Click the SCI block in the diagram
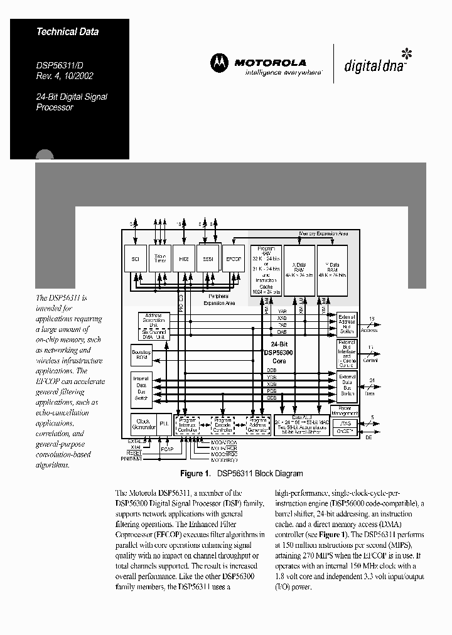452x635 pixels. (x=135, y=258)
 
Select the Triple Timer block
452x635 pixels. (x=160, y=258)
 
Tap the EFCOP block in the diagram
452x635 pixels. (x=232, y=258)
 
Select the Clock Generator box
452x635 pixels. (x=143, y=424)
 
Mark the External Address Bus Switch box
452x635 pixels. (x=347, y=323)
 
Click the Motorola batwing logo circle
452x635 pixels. (x=219, y=63)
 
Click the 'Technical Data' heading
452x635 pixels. (x=67, y=31)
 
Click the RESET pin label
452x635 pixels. (x=134, y=452)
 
